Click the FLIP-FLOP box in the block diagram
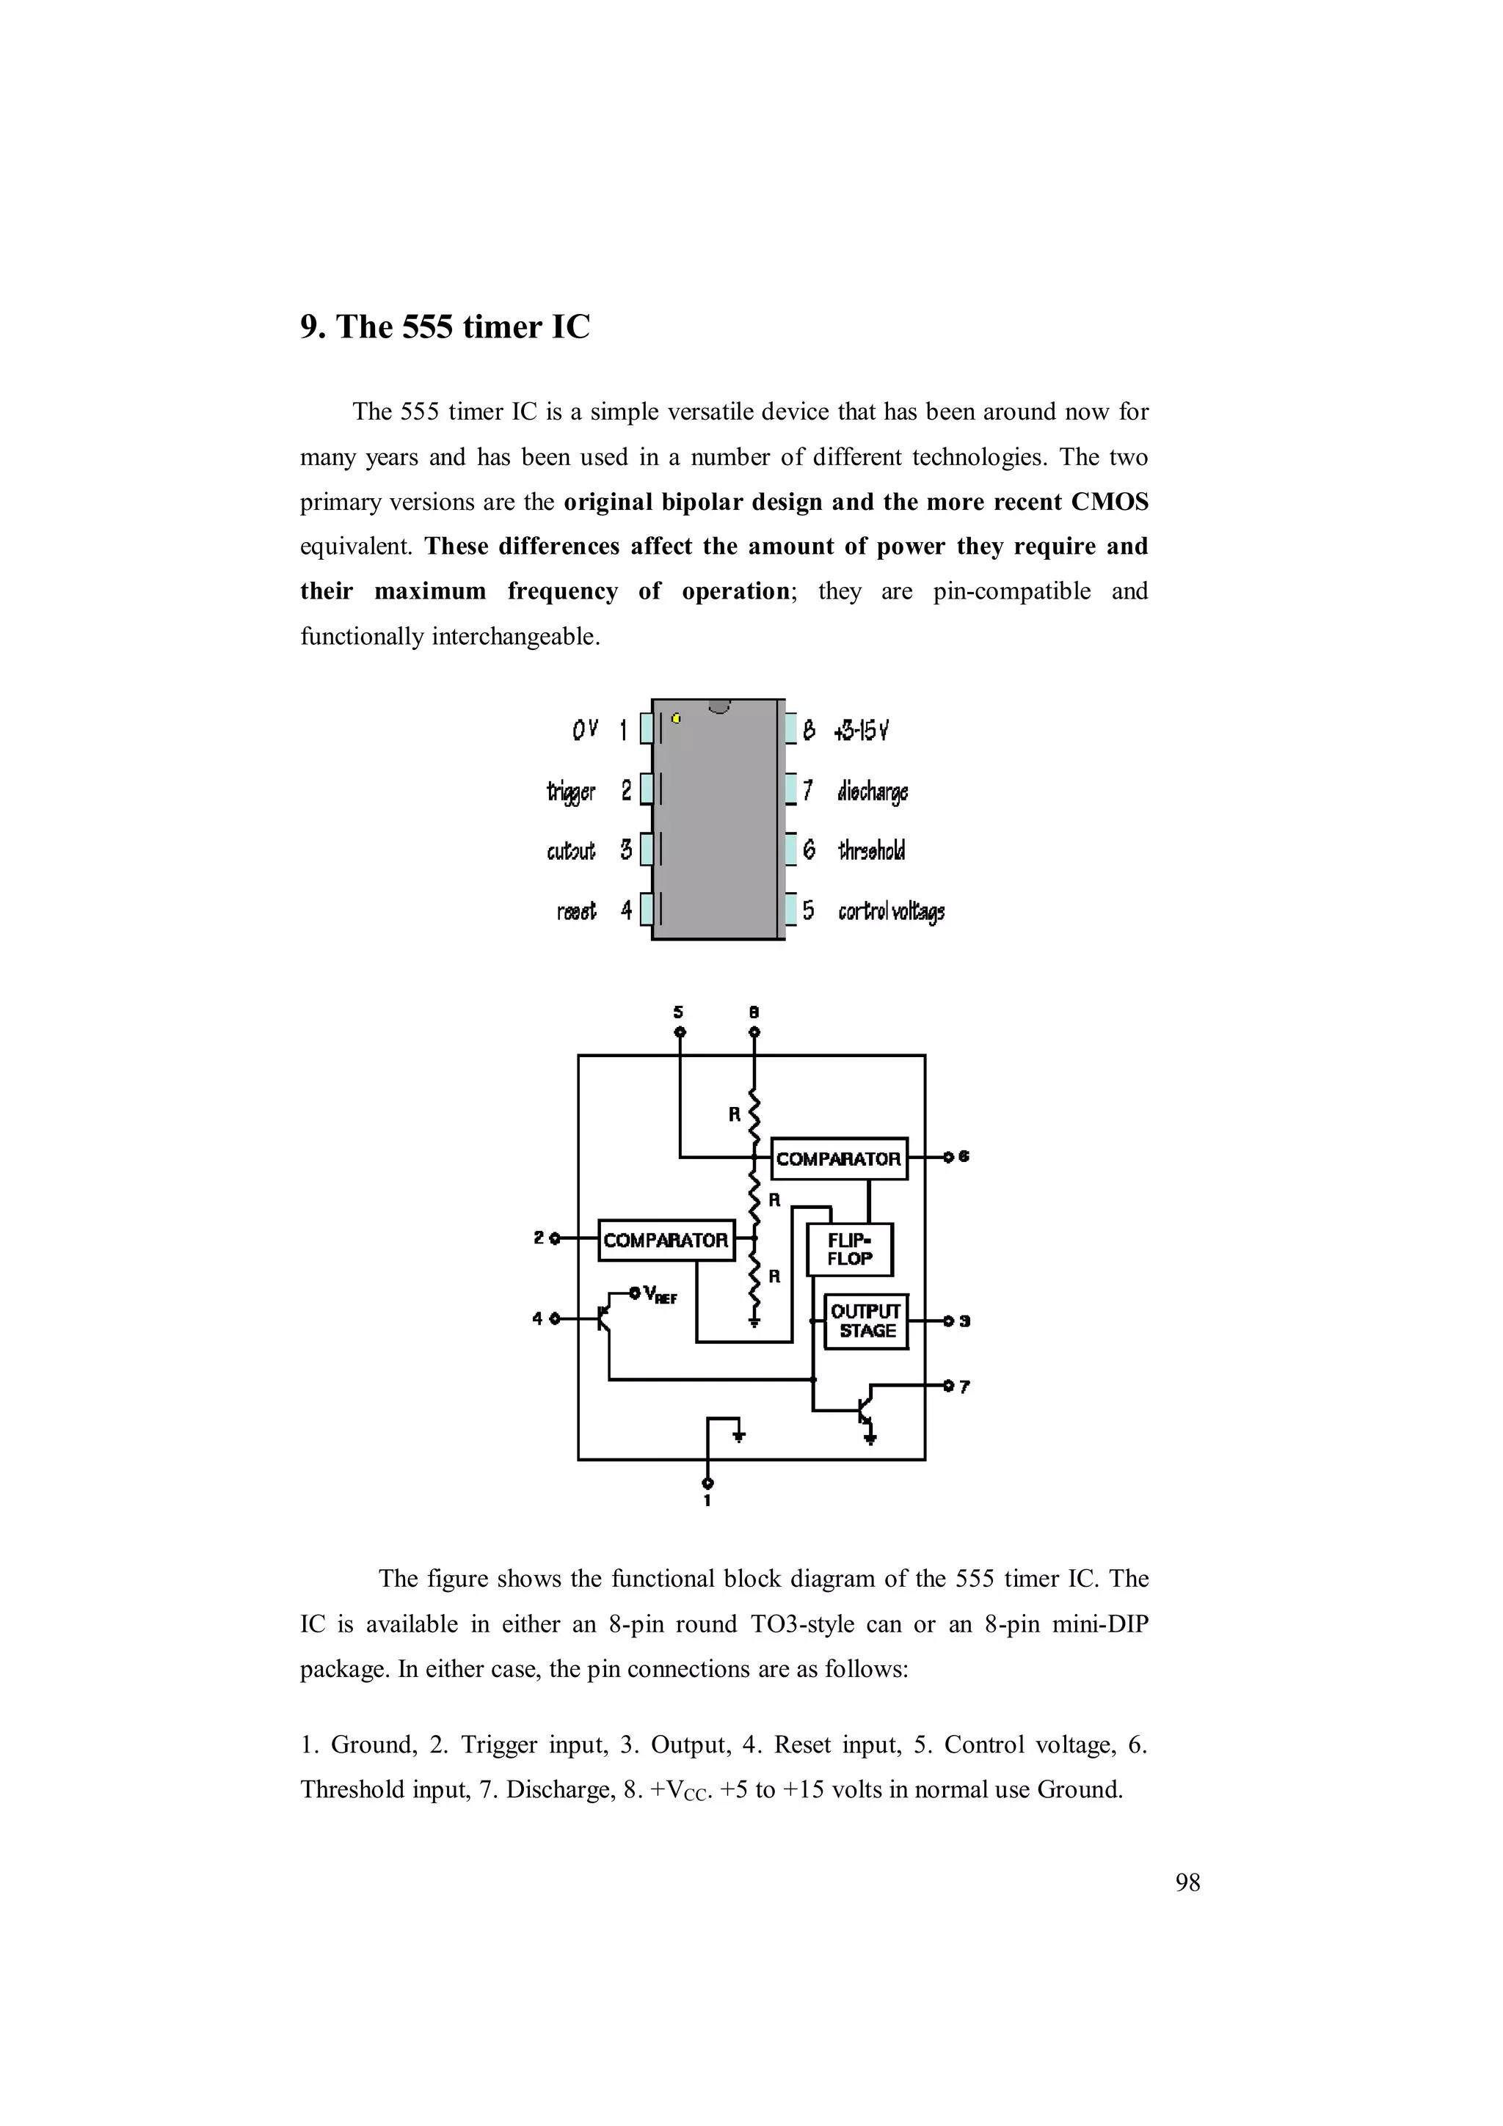tap(849, 1249)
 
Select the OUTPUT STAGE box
tap(866, 1321)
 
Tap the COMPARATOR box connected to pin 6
tap(839, 1158)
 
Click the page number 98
tap(1187, 1882)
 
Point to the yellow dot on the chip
tap(677, 717)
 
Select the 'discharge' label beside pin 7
tap(873, 792)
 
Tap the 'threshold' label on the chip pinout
tap(871, 850)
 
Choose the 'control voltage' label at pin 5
tap(891, 911)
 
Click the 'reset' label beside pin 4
tap(576, 911)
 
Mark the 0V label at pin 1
tap(584, 730)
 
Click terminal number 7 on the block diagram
tap(964, 1387)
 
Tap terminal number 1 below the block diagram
tap(707, 1501)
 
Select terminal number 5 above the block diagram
tap(679, 1012)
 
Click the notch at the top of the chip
tap(719, 707)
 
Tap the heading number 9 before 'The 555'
tap(308, 327)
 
